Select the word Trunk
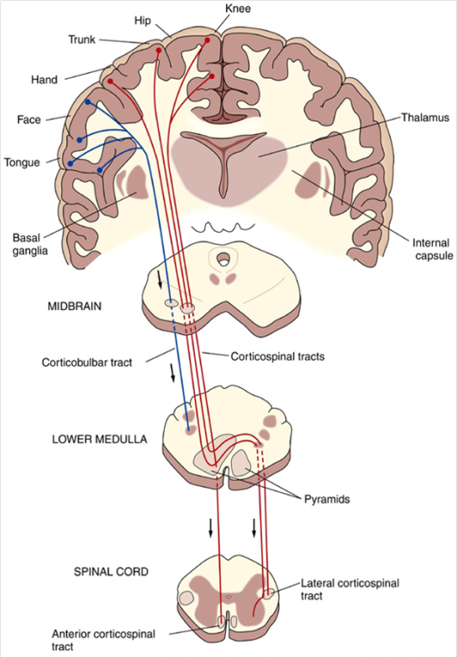(83, 39)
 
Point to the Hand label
(44, 80)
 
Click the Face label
(29, 120)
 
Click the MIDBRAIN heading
(74, 307)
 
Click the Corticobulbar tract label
(91, 364)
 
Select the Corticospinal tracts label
(277, 356)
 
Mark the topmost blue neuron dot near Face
(88, 102)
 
